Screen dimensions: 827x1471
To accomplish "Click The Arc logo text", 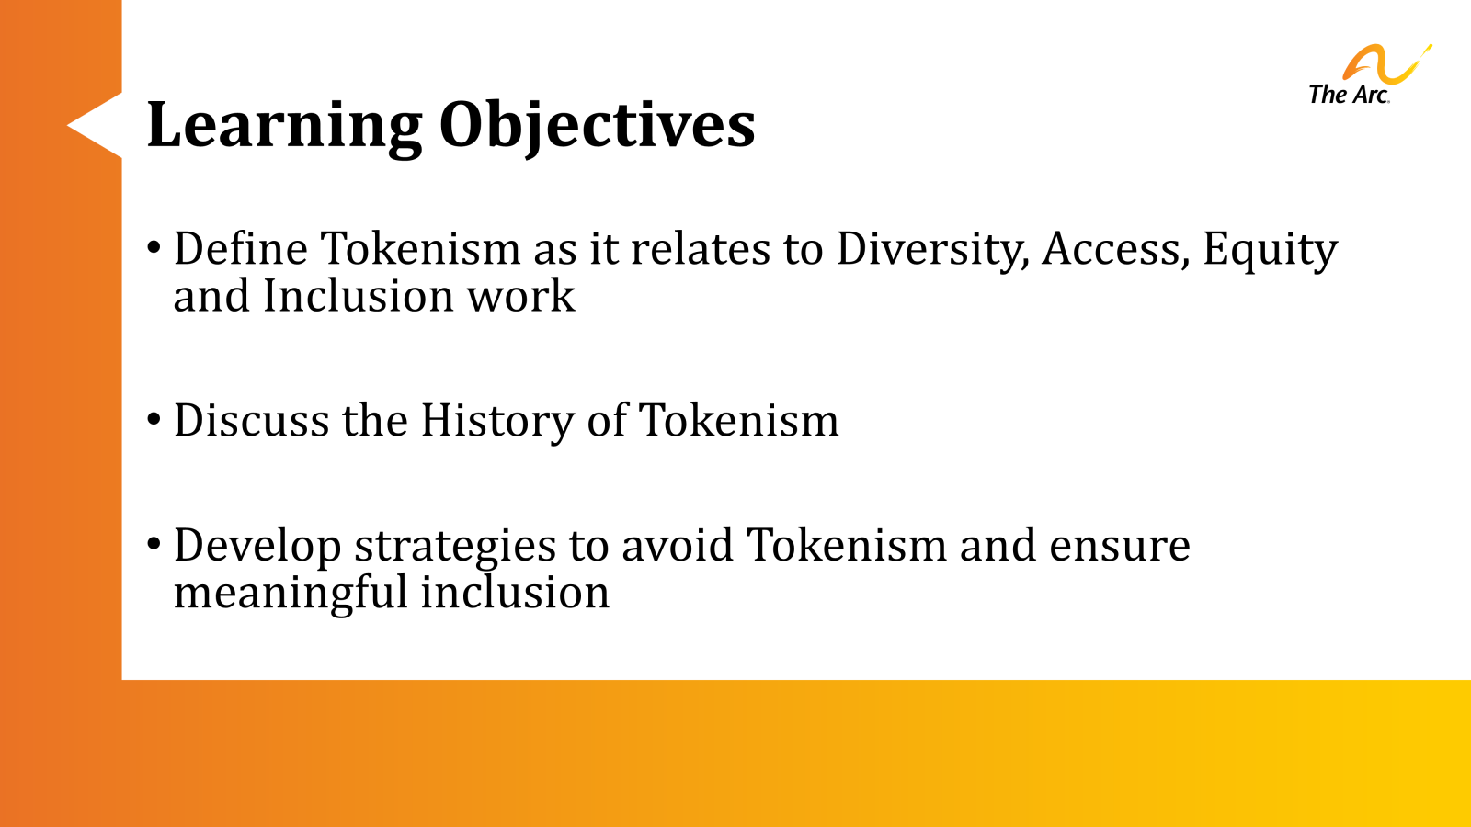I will (1348, 95).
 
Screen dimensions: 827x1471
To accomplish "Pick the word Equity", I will (1270, 250).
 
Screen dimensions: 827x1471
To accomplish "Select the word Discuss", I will (251, 421).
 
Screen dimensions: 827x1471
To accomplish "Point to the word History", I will (496, 422).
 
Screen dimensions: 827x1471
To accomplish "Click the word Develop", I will (257, 546).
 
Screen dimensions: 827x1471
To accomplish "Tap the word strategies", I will (455, 546).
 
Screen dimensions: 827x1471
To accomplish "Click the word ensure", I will (1119, 546).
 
